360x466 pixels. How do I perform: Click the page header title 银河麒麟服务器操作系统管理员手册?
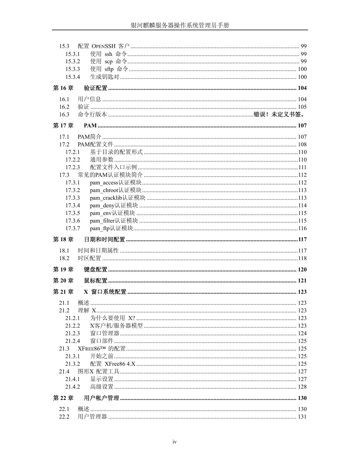[180, 25]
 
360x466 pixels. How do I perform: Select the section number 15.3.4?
[73, 77]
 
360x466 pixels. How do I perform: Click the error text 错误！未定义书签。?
[279, 114]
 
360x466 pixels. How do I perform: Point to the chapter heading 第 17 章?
[63, 125]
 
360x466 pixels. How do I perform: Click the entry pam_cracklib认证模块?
[117, 198]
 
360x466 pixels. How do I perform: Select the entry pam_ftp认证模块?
[111, 228]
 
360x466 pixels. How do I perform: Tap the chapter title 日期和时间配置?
[104, 239]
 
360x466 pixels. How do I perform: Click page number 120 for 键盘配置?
[302, 269]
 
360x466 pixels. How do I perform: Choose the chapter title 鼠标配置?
[96, 280]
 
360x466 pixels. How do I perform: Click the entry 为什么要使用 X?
[113, 318]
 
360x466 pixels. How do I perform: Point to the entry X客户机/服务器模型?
[116, 326]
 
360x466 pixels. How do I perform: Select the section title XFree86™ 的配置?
[101, 349]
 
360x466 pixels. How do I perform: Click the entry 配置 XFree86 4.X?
[113, 364]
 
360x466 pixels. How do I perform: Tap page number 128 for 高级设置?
[302, 387]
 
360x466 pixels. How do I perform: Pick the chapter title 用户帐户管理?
[102, 398]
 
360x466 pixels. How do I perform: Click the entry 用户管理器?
[92, 417]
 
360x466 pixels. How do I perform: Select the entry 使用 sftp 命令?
[109, 69]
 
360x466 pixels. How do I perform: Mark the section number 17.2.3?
[73, 167]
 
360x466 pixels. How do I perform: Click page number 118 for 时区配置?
[302, 258]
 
